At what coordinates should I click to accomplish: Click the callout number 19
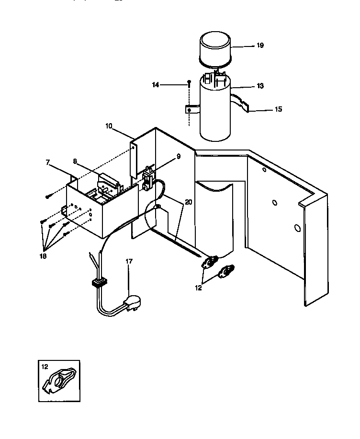click(x=260, y=46)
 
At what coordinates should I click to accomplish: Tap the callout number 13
click(x=260, y=86)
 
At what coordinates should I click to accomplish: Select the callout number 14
click(x=156, y=85)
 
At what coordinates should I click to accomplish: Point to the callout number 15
click(x=278, y=109)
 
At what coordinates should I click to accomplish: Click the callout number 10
click(x=109, y=126)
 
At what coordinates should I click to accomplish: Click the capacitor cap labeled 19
click(x=215, y=48)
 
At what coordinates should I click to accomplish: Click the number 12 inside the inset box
click(x=45, y=367)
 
